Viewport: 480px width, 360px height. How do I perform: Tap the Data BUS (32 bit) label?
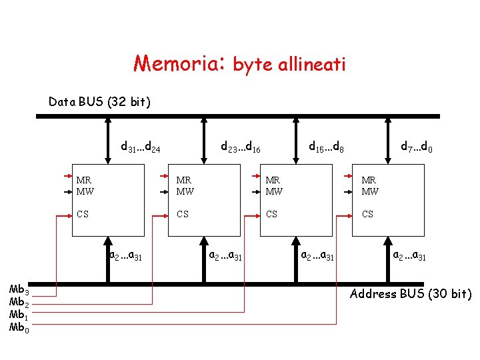(x=100, y=102)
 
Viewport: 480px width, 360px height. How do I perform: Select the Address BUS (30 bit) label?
(x=411, y=294)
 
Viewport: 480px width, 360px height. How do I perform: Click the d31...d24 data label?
(x=139, y=146)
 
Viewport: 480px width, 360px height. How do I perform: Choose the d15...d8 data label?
(x=325, y=146)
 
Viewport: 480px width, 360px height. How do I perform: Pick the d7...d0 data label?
(x=417, y=146)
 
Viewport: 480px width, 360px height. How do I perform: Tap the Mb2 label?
(x=18, y=302)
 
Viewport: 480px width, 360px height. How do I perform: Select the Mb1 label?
(x=18, y=315)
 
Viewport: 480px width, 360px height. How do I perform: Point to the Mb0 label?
(x=18, y=327)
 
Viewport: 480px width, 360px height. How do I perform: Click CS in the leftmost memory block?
(x=83, y=215)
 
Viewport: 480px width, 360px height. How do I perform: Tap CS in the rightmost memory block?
(x=367, y=215)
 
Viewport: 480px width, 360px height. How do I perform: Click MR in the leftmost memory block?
(x=84, y=181)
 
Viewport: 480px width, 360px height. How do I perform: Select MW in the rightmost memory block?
(x=369, y=191)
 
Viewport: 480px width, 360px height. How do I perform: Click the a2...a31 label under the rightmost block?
(x=410, y=255)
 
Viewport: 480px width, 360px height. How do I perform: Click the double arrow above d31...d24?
(x=107, y=141)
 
